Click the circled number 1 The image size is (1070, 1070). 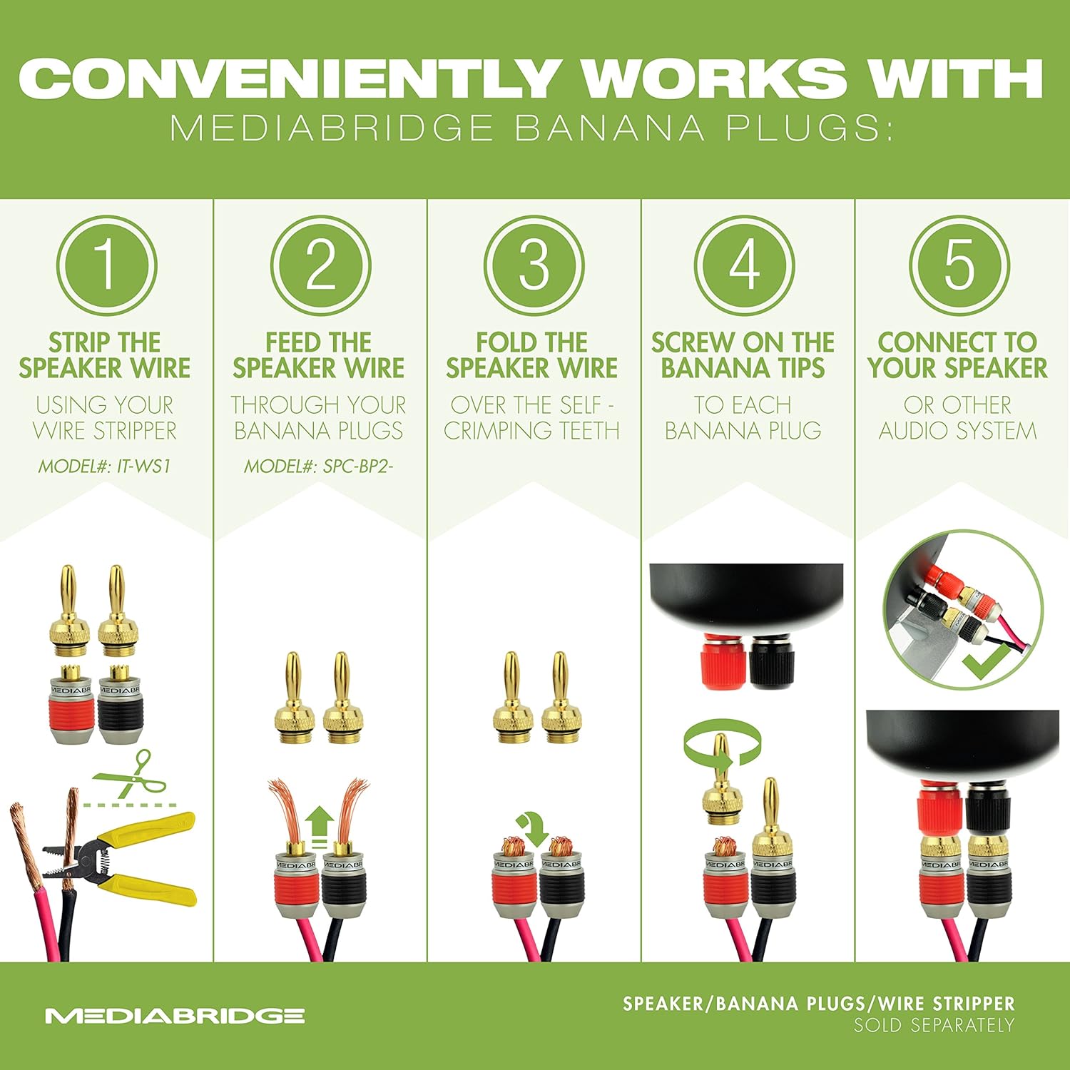[106, 265]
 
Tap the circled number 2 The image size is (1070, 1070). [320, 265]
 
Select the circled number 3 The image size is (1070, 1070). [534, 265]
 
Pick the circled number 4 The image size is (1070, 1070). [745, 265]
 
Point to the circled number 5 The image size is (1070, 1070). [959, 265]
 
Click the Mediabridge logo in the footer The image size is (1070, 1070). [175, 1015]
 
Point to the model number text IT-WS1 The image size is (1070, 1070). [143, 467]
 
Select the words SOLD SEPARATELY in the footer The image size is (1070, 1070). [934, 1026]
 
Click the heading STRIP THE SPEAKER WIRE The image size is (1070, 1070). [105, 355]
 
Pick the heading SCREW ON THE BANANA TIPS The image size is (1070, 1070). [743, 355]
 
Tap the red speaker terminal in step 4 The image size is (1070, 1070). [723, 661]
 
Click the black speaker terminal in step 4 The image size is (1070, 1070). [770, 661]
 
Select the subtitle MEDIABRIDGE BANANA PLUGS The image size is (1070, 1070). [531, 129]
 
